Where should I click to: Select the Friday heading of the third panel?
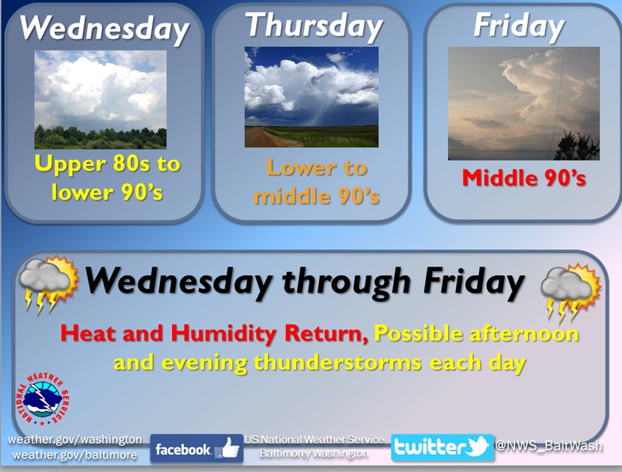[x=519, y=26]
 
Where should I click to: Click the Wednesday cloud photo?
[x=101, y=99]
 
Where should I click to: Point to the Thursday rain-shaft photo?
[x=312, y=97]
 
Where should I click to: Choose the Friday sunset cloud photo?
[x=524, y=104]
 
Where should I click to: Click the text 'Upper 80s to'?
[x=107, y=164]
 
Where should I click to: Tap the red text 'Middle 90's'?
[x=524, y=178]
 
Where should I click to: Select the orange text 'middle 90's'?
[x=317, y=196]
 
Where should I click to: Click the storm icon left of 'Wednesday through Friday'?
[x=48, y=284]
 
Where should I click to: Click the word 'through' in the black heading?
[x=346, y=283]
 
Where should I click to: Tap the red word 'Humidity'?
[x=225, y=333]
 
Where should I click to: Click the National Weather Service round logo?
[x=43, y=399]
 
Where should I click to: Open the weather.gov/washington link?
[x=75, y=439]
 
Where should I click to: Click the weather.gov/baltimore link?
[x=75, y=455]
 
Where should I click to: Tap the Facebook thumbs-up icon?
[x=230, y=449]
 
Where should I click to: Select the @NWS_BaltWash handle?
[x=549, y=446]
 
